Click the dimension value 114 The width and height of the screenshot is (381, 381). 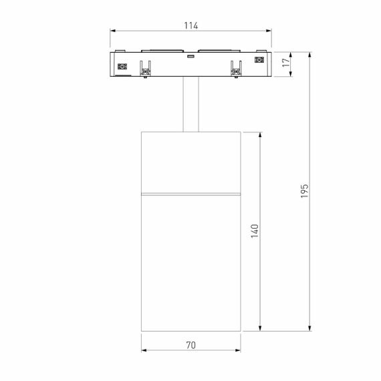[190, 25]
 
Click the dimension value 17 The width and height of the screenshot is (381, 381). [287, 63]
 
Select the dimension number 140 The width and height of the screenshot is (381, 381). [255, 230]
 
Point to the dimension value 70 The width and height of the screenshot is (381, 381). [190, 346]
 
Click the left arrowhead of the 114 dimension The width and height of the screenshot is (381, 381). [114, 31]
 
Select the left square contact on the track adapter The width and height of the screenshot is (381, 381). [122, 66]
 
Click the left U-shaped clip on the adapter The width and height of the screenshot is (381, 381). [145, 69]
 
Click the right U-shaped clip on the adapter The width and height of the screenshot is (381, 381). [236, 69]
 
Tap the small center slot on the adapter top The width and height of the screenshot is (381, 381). [191, 57]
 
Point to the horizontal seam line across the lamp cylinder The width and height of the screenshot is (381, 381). [191, 195]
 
